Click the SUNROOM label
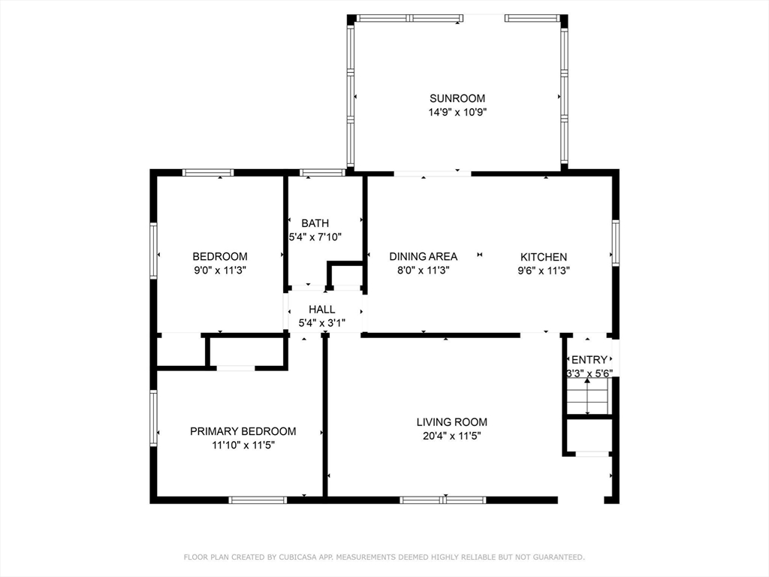457,98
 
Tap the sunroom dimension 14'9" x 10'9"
457,112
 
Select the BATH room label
315,223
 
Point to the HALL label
322,310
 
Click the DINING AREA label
424,257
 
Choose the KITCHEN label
544,257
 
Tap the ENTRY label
590,360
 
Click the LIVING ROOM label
451,422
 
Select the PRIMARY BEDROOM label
243,431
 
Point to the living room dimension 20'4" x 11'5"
451,436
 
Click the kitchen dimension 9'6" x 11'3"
544,270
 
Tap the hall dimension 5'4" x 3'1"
322,323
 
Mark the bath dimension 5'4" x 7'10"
315,237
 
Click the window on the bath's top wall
322,172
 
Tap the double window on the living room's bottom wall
443,500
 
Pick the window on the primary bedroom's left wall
153,418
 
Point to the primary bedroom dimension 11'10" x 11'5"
243,445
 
